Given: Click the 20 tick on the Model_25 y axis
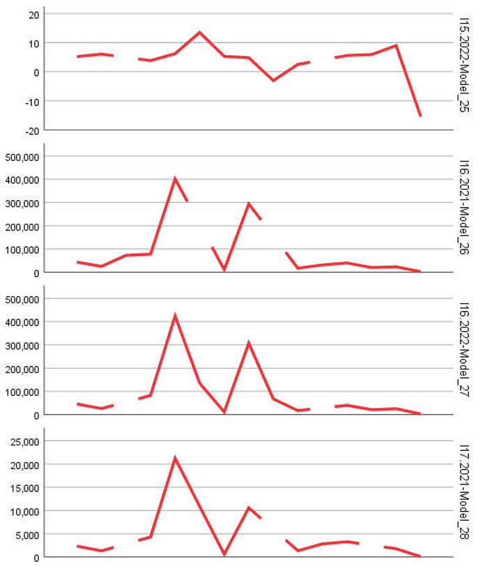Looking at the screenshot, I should tap(31, 14).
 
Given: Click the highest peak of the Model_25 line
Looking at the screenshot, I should tap(200, 32).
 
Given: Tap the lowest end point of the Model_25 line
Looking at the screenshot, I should tap(420, 116).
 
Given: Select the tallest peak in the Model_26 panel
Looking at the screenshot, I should tap(175, 178).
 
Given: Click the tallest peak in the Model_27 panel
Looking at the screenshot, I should tap(175, 315).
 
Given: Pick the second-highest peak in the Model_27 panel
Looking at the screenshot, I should tap(248, 343).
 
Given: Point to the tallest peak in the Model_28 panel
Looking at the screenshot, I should tap(175, 458).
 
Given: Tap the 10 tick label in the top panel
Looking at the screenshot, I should tap(31, 43).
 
